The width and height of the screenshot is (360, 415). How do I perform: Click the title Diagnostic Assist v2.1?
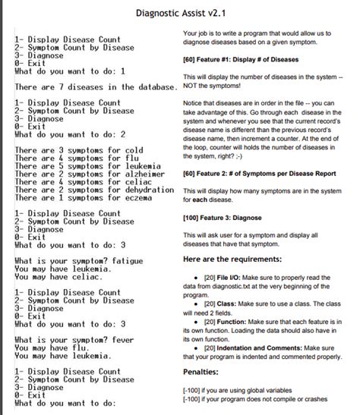180,13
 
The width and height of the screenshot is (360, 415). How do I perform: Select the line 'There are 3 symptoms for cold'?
79,150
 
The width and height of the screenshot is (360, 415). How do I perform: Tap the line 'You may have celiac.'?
60,276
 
